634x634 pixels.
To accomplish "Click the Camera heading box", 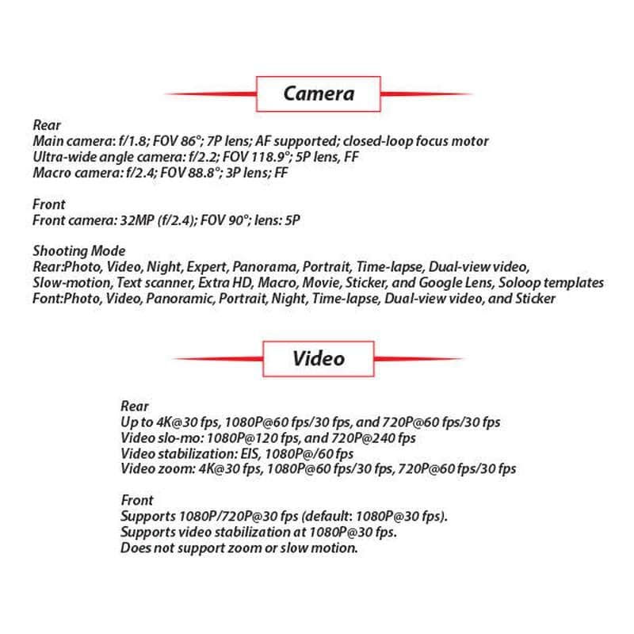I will pos(319,94).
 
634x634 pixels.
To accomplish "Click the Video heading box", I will pos(319,358).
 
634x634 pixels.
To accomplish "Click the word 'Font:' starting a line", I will pos(48,298).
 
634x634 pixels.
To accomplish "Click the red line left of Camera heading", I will pos(210,94).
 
